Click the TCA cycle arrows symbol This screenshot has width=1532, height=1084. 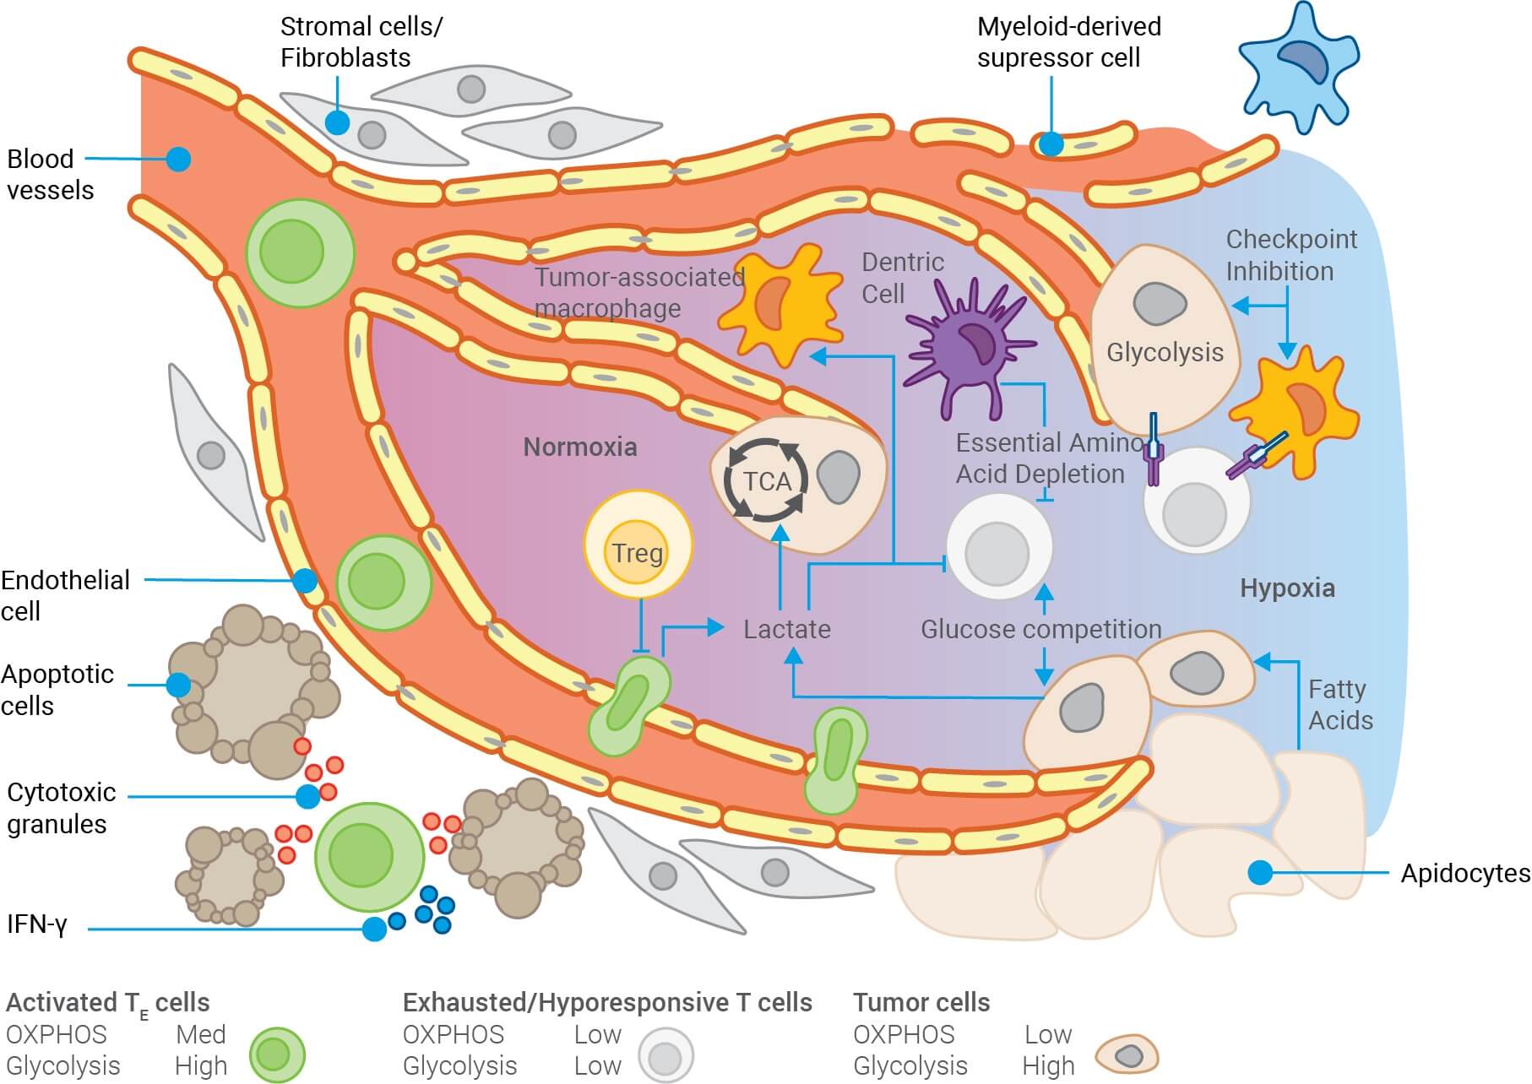[x=766, y=481]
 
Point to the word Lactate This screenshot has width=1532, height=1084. [x=786, y=630]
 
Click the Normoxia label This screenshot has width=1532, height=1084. [x=579, y=447]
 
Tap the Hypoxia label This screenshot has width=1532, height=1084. [x=1286, y=588]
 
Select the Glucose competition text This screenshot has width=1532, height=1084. [x=1040, y=630]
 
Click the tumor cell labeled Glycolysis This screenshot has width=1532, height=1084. [x=1164, y=338]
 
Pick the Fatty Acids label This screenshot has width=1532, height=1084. [x=1339, y=705]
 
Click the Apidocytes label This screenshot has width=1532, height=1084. [x=1464, y=874]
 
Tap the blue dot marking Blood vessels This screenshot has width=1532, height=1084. [x=178, y=159]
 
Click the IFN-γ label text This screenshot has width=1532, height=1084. [x=36, y=924]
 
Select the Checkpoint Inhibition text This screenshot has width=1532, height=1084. [x=1290, y=255]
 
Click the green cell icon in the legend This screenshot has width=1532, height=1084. [x=277, y=1054]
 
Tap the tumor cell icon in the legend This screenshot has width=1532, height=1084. [x=1127, y=1055]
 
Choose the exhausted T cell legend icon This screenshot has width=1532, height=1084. [x=665, y=1055]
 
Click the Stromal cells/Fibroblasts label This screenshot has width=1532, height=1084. [x=361, y=42]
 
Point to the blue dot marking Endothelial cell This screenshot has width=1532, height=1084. [x=304, y=581]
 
